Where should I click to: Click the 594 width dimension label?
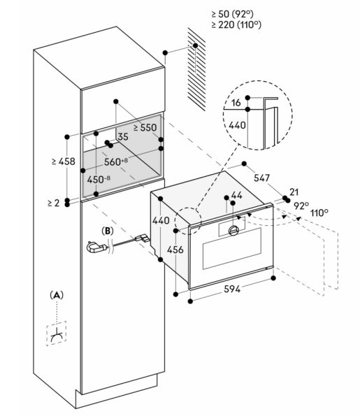(x=232, y=289)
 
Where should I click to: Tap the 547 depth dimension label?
(x=261, y=178)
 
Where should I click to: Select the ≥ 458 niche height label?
(x=64, y=162)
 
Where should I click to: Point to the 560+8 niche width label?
(x=116, y=162)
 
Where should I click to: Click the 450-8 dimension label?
(x=99, y=180)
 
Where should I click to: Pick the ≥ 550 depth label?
(x=145, y=128)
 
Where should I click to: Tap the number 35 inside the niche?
(x=123, y=136)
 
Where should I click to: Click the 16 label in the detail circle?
(x=236, y=102)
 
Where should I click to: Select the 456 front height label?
(x=175, y=250)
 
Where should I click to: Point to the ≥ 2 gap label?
(x=54, y=203)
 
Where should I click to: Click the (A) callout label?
(x=57, y=295)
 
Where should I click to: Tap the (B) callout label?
(x=108, y=231)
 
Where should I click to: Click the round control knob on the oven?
(x=233, y=231)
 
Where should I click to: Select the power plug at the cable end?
(x=96, y=248)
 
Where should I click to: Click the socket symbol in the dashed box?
(x=57, y=333)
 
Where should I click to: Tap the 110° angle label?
(x=319, y=213)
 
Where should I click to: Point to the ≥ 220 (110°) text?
(x=236, y=24)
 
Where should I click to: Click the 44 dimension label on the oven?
(x=237, y=195)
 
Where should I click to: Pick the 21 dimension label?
(x=294, y=192)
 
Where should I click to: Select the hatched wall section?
(x=196, y=69)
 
